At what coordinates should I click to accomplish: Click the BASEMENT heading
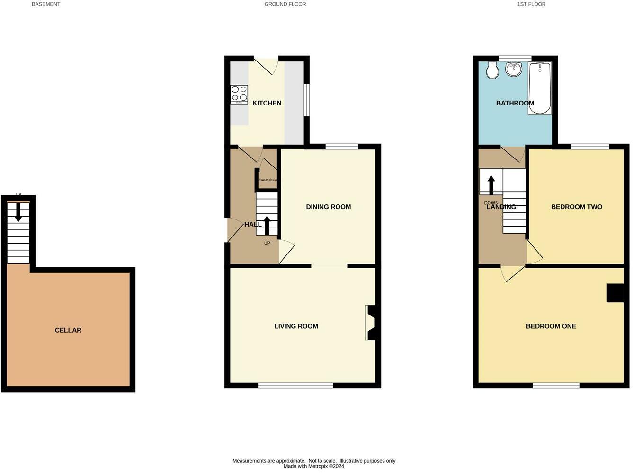tap(46, 4)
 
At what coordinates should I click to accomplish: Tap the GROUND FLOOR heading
tap(285, 4)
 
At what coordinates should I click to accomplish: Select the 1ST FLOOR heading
tap(531, 4)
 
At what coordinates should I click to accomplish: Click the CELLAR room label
tap(68, 330)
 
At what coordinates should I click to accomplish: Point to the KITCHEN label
tap(267, 103)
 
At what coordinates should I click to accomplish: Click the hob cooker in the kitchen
tap(239, 94)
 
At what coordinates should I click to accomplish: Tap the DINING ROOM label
tap(329, 207)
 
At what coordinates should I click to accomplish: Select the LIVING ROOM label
tap(296, 326)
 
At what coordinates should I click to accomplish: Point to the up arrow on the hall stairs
tap(267, 225)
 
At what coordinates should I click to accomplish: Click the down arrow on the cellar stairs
tap(18, 212)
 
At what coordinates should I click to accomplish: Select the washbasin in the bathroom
tap(514, 69)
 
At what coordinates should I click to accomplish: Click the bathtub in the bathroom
tap(540, 88)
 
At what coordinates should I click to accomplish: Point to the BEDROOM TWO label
tap(577, 207)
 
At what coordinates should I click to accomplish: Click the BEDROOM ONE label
tap(551, 326)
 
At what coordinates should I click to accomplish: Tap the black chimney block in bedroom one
tap(615, 292)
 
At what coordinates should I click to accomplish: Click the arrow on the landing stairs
tap(491, 185)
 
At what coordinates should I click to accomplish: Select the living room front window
tap(295, 385)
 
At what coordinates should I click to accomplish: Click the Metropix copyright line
tap(314, 466)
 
